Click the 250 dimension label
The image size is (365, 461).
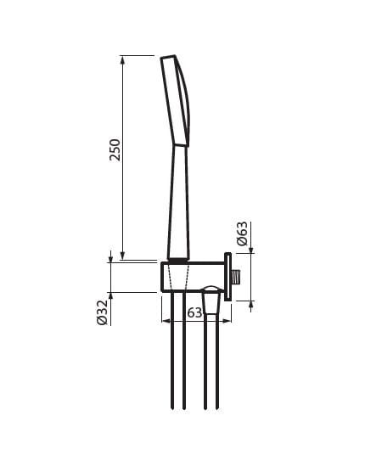[115, 149]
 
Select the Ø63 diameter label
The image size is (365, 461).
[242, 233]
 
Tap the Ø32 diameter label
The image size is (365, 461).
[102, 312]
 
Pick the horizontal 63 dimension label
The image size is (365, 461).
[194, 312]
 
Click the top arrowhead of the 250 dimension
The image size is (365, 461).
[123, 59]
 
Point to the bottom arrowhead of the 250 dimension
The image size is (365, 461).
[123, 256]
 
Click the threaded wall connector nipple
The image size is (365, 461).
[236, 278]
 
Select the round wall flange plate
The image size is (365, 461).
[227, 277]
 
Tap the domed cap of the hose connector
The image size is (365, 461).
[211, 289]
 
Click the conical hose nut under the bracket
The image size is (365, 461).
[211, 303]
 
